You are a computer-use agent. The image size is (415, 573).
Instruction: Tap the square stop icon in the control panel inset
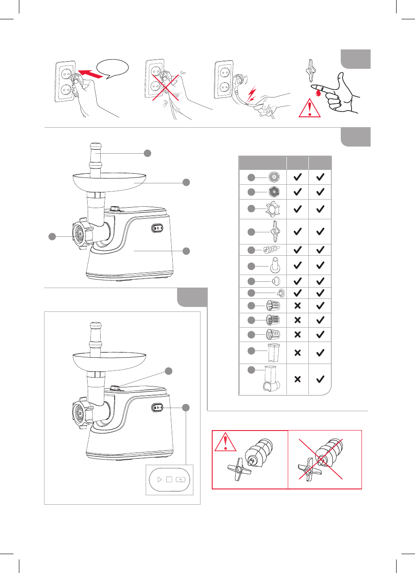coord(169,479)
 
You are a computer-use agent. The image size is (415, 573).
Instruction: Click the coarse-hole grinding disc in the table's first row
coord(273,177)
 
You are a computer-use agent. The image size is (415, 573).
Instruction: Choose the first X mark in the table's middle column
coord(297,306)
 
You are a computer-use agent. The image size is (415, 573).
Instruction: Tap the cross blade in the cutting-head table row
coord(272,231)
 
